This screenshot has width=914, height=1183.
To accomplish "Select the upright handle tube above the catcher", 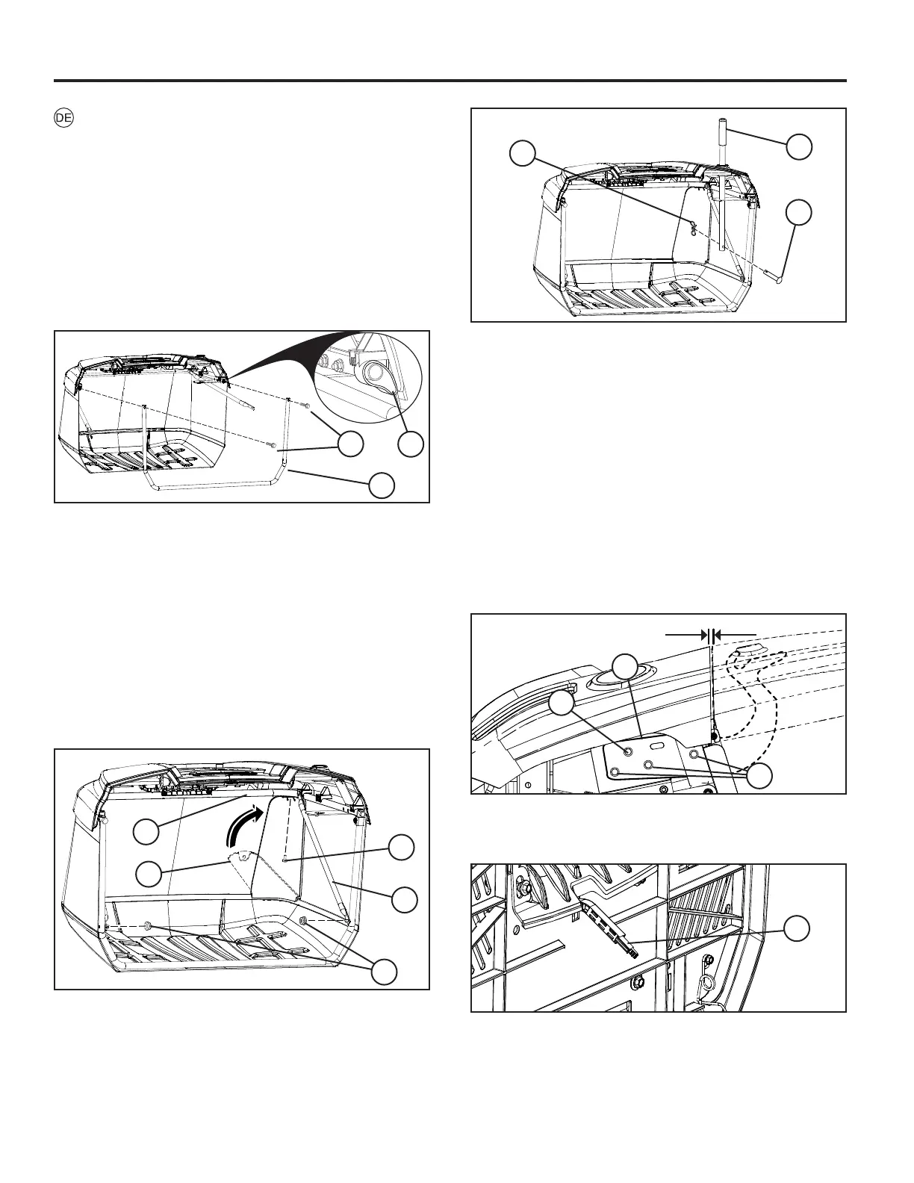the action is [724, 187].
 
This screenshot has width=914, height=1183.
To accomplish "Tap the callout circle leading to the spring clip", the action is [521, 155].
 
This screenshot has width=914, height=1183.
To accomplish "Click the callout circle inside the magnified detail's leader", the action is [410, 444].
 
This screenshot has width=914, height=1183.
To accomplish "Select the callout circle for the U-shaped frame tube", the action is [381, 485].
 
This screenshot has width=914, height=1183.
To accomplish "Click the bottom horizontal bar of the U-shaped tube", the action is [217, 485].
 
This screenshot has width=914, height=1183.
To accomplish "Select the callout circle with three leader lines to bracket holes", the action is [759, 776].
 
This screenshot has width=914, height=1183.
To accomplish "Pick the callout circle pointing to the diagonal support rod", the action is [404, 898].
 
